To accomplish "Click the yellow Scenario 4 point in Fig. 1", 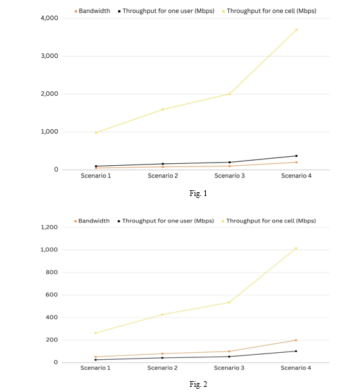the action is coord(296,30).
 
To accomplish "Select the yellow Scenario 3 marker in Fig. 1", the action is coord(230,94).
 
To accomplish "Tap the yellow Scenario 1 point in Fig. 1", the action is coord(96,132).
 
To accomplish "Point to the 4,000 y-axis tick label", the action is coord(50,18).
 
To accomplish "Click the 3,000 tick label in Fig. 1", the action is coord(50,56).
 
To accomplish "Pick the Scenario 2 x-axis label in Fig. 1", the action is coord(163,175).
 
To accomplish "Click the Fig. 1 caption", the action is coord(198,193).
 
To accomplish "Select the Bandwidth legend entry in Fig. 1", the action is coord(93,11).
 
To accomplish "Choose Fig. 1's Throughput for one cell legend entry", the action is coord(269,11).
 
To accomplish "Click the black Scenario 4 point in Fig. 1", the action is coord(296,156).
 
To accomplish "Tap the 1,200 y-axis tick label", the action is coord(49,227).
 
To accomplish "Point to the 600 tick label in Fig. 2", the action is coord(51,295).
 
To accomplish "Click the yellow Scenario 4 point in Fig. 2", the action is coord(296,248).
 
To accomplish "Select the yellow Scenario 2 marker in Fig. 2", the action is coord(163,314).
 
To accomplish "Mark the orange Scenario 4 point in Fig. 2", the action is coord(296,340).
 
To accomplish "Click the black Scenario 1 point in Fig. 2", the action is coord(96,359).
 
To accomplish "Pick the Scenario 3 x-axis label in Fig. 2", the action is coord(229,368).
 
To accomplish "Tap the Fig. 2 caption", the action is coord(198,384).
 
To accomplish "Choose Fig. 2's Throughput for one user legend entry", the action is coord(166,221).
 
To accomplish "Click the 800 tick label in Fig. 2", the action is coord(51,272).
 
